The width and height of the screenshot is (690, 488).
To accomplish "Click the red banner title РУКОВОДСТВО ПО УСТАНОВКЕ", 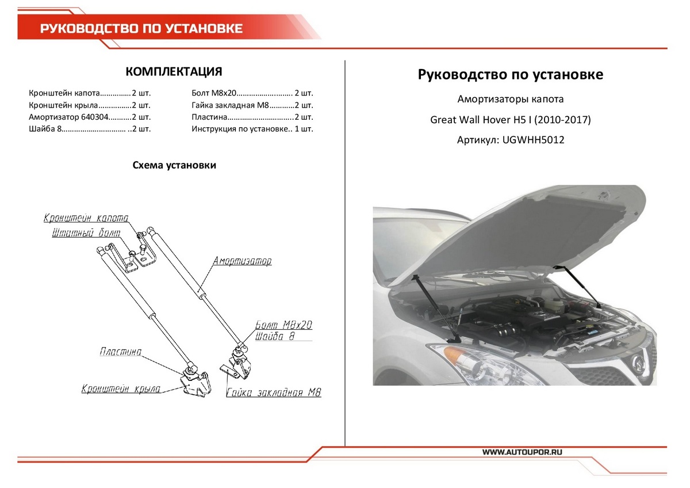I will click(141, 29).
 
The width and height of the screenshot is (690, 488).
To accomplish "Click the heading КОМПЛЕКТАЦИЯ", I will click(174, 72).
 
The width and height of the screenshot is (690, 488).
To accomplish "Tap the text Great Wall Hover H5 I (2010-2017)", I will click(511, 120).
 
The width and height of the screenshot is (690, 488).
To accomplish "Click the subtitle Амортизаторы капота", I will click(511, 100).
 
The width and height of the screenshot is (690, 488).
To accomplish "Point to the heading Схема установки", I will click(174, 165).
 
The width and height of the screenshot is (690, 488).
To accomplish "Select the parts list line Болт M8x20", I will click(252, 93).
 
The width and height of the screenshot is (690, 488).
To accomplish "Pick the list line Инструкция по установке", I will click(252, 129).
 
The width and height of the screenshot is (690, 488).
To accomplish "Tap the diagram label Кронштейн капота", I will click(86, 218).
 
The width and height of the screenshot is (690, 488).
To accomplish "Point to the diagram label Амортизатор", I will click(242, 261).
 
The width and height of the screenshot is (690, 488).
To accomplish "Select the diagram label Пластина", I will click(120, 352).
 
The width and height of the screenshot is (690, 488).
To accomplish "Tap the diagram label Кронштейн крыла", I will click(120, 389).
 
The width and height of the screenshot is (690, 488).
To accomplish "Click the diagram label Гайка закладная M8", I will click(274, 393).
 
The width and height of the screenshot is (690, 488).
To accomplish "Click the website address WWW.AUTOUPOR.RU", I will click(522, 452).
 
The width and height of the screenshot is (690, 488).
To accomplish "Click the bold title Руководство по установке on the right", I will click(511, 75).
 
